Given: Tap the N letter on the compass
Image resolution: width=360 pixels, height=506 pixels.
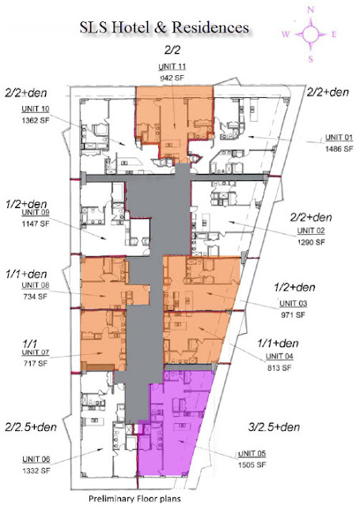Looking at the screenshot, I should point(311,9).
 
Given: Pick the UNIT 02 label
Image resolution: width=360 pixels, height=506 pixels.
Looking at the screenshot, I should point(311,230).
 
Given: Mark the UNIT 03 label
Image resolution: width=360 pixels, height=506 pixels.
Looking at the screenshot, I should point(292,303).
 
